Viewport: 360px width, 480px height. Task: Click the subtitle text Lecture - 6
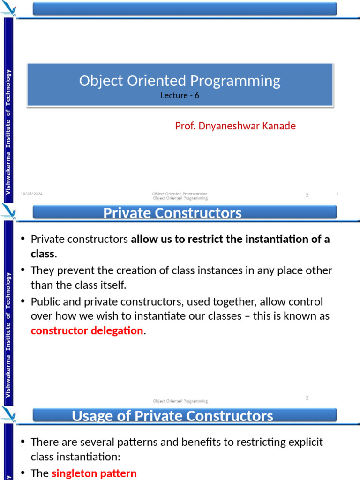pos(180,96)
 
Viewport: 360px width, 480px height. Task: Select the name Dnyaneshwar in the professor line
pos(229,126)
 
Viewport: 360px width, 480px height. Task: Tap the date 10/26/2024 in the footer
pos(31,194)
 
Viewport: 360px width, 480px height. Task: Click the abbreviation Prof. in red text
pos(184,126)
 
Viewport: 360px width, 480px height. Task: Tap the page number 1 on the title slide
pos(337,194)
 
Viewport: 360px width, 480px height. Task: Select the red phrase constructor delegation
pos(87,330)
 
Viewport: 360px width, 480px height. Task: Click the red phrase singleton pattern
pos(94,473)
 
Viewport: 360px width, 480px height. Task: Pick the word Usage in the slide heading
pos(93,416)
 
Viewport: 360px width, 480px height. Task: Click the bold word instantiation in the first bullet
pos(270,239)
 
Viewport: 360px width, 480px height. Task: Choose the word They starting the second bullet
pos(42,270)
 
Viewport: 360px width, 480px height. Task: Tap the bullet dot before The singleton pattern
pos(23,473)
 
